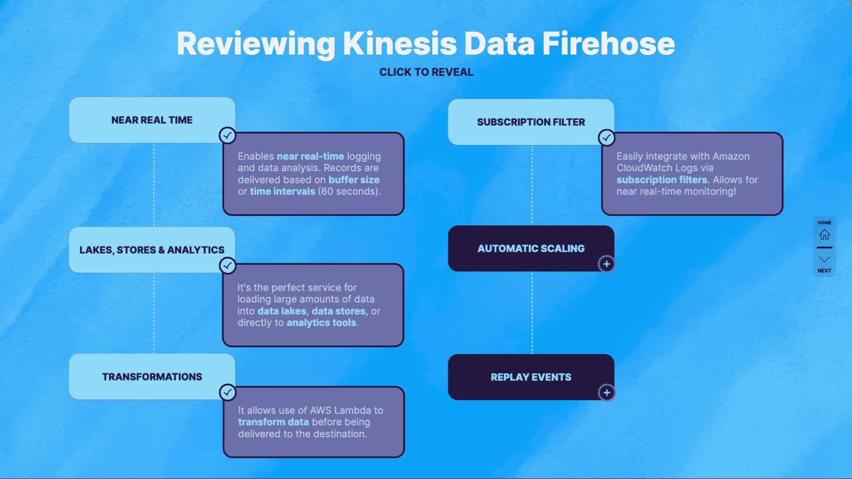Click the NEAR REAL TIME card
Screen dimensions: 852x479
coord(152,120)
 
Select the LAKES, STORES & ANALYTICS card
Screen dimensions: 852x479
coord(152,250)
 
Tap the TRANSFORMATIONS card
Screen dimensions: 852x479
coord(152,377)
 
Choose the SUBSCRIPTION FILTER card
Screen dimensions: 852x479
coord(531,122)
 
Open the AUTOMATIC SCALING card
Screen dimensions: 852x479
coord(531,248)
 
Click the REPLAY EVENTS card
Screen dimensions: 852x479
coord(531,377)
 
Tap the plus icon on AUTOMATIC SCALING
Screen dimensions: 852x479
coord(607,264)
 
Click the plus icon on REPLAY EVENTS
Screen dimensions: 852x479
coord(607,393)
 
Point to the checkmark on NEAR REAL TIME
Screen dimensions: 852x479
coord(228,135)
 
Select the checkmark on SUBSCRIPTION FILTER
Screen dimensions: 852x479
coord(607,137)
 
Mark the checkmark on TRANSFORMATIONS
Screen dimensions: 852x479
coord(228,392)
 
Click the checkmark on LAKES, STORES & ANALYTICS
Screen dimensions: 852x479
coord(228,266)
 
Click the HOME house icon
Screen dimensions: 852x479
coord(824,234)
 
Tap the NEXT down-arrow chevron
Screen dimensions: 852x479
coord(824,259)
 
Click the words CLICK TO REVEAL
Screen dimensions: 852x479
coord(426,72)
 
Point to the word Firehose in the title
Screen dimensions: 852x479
coord(608,43)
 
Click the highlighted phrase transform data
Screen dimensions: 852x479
coord(273,422)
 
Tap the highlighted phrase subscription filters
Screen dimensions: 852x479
coord(662,180)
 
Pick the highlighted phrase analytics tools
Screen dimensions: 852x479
coord(321,322)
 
